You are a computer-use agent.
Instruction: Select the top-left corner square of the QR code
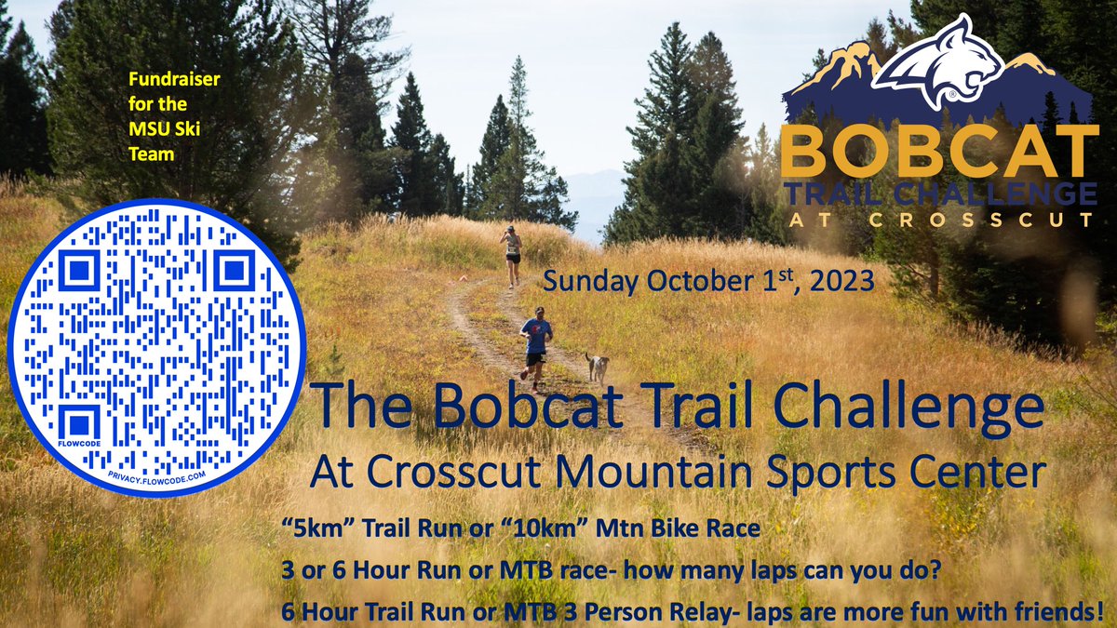[x=79, y=273]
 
